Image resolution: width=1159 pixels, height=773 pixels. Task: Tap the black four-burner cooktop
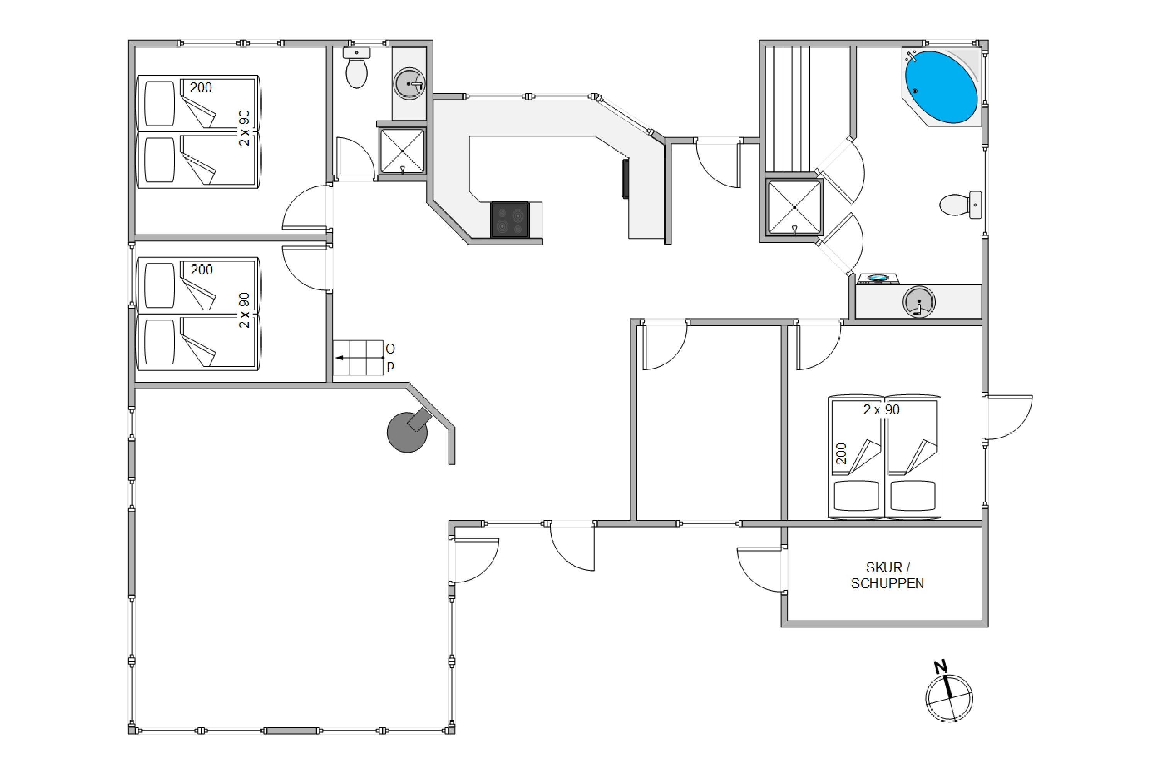point(510,220)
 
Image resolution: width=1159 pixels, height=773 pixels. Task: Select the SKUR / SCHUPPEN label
point(887,575)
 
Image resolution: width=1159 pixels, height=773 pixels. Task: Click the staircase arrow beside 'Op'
point(360,358)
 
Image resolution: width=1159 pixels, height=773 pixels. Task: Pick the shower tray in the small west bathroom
point(403,151)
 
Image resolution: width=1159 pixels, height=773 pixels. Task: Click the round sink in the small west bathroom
point(410,84)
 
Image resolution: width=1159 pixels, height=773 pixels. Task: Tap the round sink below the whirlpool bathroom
point(919,302)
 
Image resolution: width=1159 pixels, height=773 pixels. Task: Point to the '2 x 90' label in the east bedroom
point(881,410)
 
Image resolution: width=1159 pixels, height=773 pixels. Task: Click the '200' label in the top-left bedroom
point(201,88)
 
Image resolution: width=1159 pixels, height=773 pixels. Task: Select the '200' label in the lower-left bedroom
point(202,270)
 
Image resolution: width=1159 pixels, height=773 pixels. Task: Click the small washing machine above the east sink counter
point(878,279)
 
